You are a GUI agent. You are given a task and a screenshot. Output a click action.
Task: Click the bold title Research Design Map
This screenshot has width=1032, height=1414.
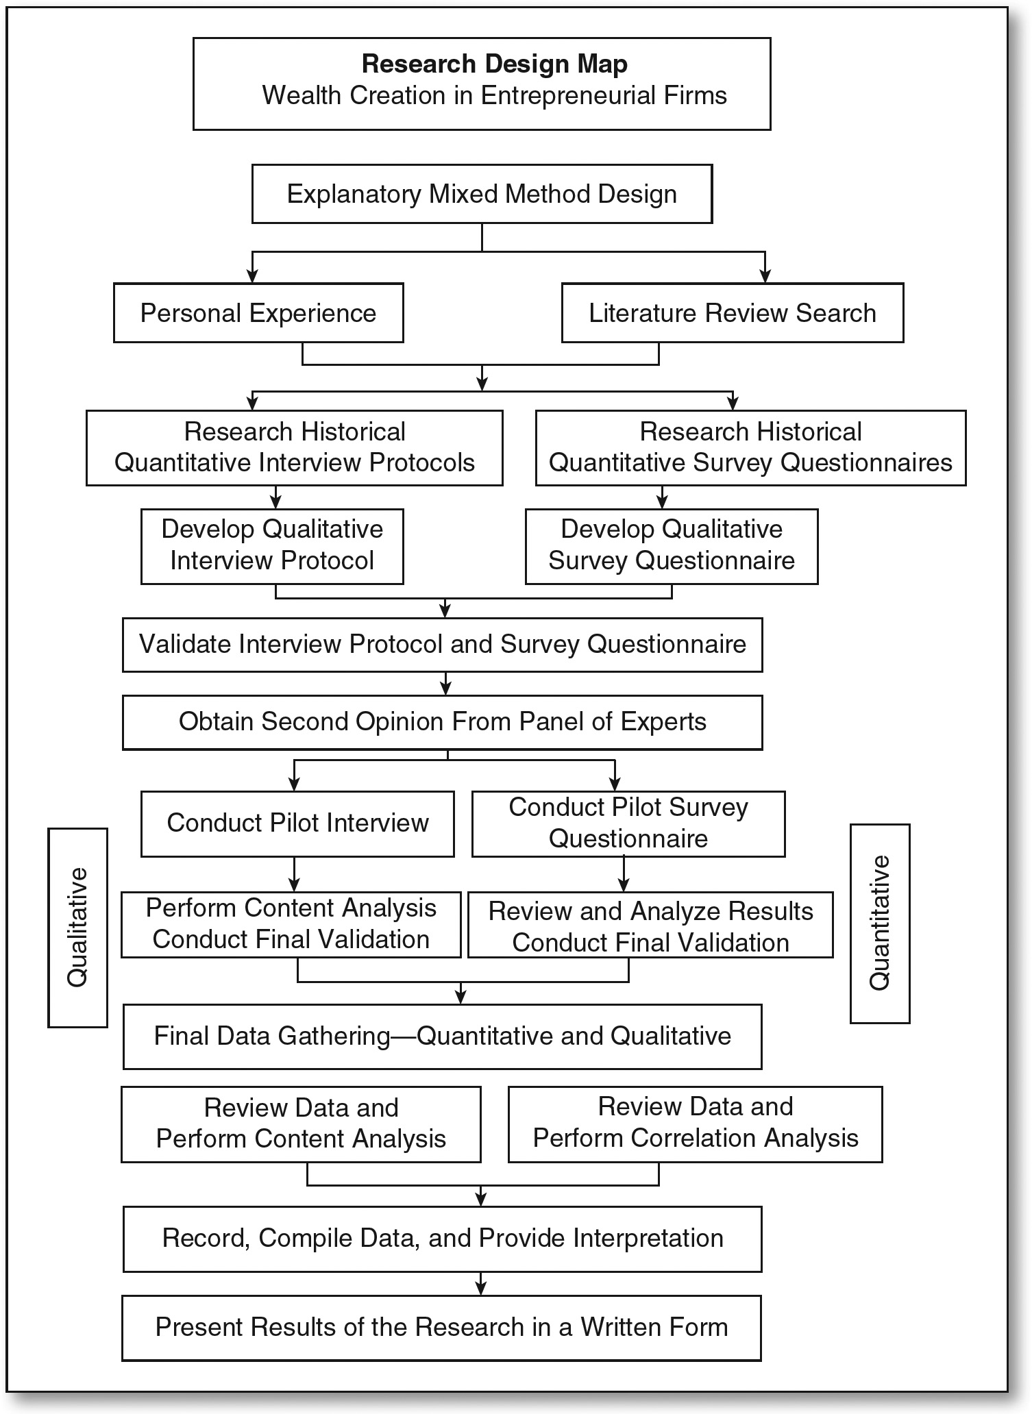click(x=494, y=64)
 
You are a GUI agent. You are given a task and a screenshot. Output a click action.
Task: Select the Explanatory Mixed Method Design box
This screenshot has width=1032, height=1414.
click(x=482, y=194)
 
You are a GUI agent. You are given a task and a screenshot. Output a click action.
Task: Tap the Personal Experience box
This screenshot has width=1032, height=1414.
click(x=258, y=313)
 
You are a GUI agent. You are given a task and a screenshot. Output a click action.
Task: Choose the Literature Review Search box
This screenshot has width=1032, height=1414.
click(x=733, y=313)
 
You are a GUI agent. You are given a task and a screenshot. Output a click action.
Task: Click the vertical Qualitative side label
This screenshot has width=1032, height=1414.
click(x=77, y=927)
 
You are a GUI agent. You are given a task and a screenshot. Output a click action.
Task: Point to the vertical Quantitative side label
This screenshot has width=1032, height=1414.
click(x=880, y=923)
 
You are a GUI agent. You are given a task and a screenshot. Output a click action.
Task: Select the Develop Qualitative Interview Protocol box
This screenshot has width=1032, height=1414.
click(x=272, y=546)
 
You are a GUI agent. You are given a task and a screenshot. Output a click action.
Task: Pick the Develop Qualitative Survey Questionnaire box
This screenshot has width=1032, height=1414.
click(x=672, y=546)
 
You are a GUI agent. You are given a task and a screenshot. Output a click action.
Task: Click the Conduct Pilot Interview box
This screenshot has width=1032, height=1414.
click(x=297, y=823)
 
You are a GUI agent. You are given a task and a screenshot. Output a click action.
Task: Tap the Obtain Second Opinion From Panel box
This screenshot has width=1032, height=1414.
click(x=442, y=722)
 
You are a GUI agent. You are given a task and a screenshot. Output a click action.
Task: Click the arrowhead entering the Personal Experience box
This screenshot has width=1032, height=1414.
click(x=253, y=276)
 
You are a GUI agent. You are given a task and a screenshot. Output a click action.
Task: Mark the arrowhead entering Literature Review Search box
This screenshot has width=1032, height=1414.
click(x=765, y=276)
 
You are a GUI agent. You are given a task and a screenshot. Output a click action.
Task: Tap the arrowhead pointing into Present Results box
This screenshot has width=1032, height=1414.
click(x=481, y=1289)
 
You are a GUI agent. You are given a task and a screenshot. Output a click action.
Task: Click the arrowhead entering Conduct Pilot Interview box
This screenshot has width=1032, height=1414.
click(x=295, y=784)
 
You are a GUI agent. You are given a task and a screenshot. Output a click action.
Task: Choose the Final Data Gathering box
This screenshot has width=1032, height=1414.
click(x=442, y=1037)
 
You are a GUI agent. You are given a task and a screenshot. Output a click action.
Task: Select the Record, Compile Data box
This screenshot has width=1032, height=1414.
click(x=442, y=1239)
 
